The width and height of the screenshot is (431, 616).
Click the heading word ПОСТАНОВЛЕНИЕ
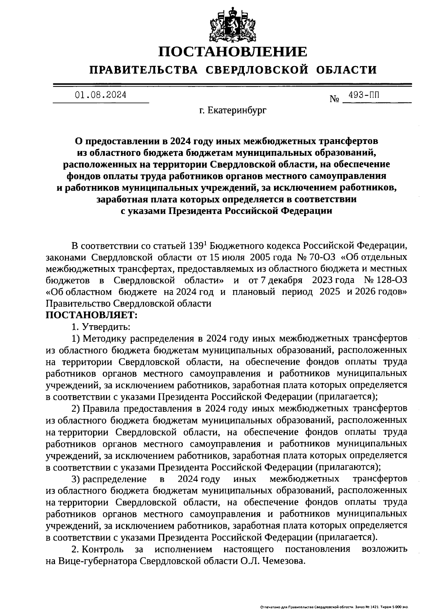233,52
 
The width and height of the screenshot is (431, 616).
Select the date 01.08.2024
101,95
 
